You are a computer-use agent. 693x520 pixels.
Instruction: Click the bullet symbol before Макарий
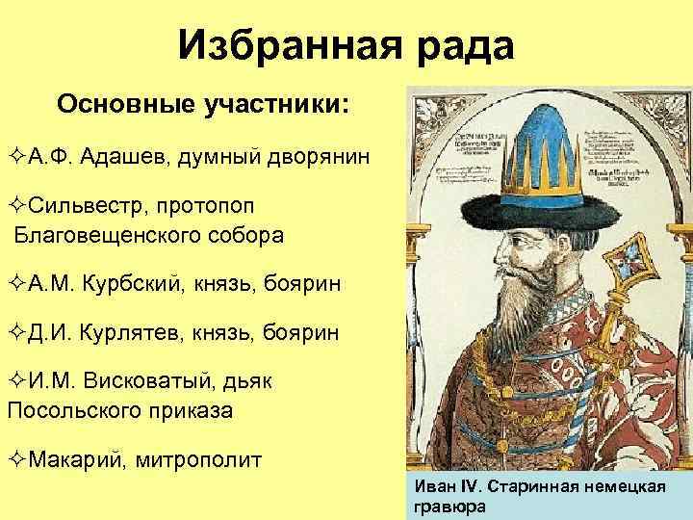click(x=16, y=458)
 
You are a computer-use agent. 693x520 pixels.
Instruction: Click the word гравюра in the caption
click(x=449, y=507)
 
